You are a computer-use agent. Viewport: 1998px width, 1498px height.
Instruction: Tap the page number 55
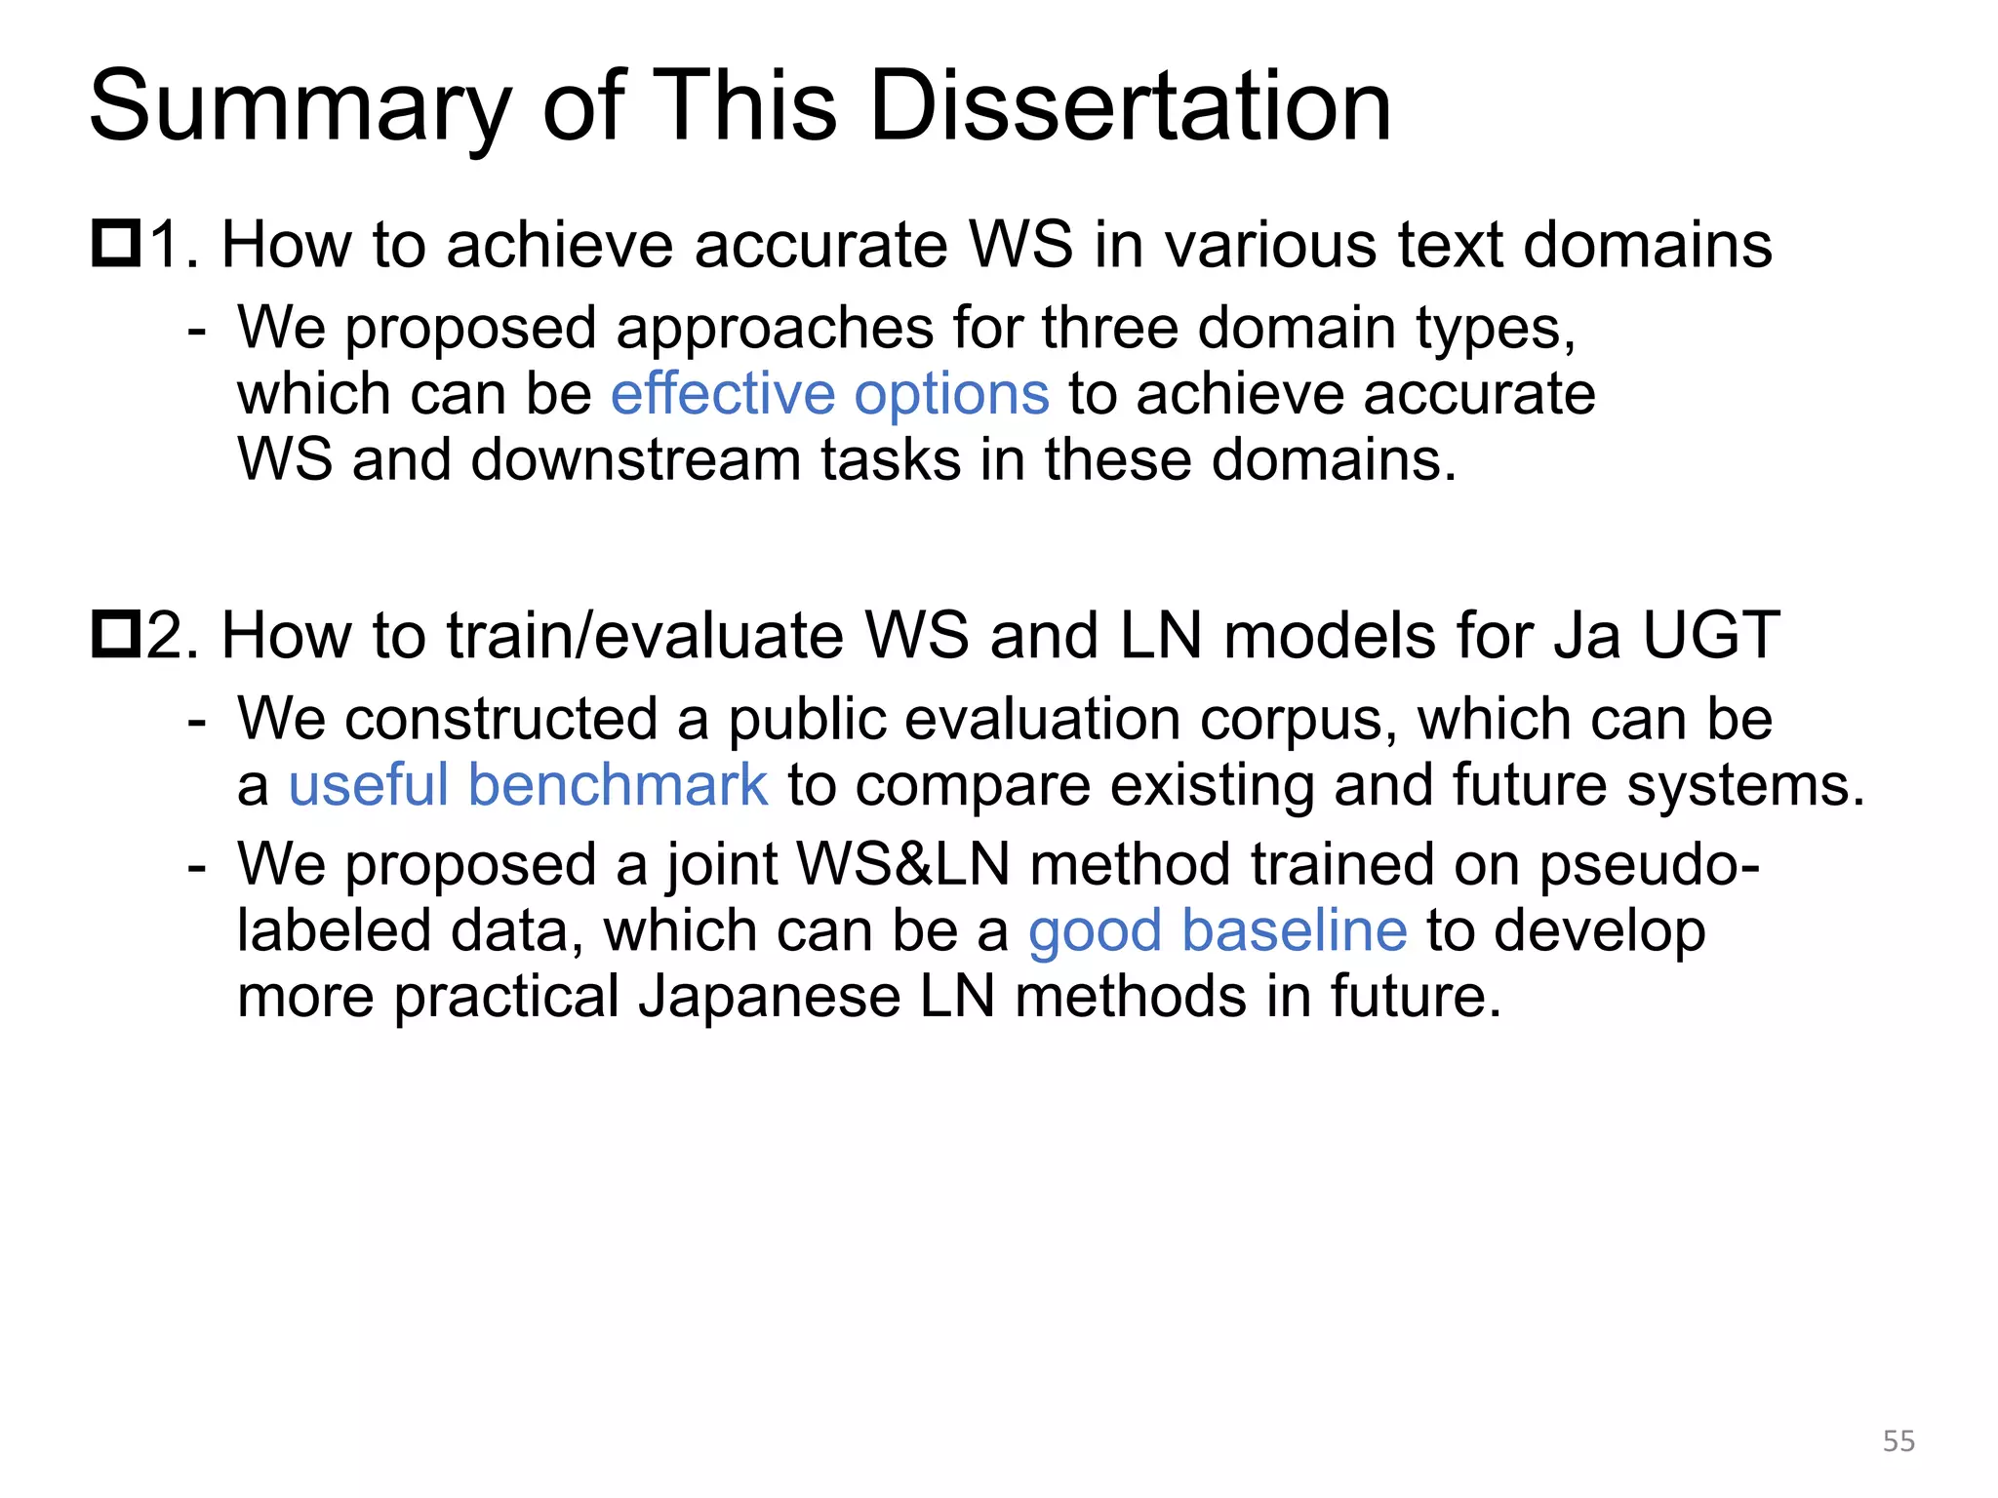(x=1898, y=1440)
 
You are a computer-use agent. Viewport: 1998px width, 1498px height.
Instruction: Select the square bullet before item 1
(x=116, y=244)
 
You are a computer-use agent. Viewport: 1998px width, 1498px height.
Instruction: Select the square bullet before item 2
(x=116, y=634)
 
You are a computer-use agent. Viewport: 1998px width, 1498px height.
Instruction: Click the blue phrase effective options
(x=829, y=394)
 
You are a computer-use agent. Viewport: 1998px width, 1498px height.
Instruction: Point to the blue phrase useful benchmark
(x=528, y=785)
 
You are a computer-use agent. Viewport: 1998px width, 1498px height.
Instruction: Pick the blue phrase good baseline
(x=1218, y=930)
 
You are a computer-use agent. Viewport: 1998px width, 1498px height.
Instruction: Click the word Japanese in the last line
(x=769, y=997)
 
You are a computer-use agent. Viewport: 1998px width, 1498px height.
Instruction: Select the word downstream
(x=635, y=459)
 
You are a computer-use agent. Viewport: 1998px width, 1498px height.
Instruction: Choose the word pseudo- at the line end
(x=1649, y=865)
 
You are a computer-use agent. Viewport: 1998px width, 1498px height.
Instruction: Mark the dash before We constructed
(x=197, y=720)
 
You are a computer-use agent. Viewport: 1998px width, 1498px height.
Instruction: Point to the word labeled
(x=333, y=930)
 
